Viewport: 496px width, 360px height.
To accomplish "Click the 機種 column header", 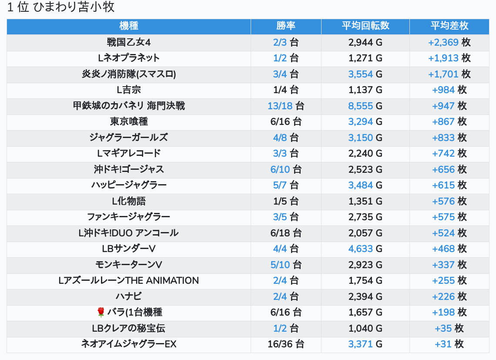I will [x=128, y=26].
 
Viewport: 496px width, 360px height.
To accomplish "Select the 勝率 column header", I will [x=286, y=26].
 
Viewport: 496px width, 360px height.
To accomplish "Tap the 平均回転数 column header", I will [x=365, y=26].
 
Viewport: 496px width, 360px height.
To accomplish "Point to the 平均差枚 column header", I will [x=449, y=26].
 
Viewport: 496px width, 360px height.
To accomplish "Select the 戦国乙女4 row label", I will [x=128, y=42].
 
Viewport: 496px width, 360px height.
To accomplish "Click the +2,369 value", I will [x=443, y=42].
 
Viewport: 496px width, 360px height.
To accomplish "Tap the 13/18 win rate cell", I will [x=280, y=106].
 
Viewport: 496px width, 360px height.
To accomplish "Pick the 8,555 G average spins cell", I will [x=365, y=106].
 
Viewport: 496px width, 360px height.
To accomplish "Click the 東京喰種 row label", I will [x=128, y=122].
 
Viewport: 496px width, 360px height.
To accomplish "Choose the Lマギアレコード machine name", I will [x=128, y=154].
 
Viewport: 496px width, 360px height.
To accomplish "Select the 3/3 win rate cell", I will [x=280, y=154].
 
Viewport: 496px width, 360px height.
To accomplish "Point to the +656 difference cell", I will [x=443, y=169].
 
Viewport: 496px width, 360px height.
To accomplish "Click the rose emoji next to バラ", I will [x=101, y=312].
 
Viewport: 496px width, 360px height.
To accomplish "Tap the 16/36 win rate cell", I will [x=280, y=344].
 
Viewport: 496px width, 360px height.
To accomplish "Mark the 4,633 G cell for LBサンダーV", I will [x=365, y=249].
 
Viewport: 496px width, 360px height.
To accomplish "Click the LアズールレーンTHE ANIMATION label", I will [x=128, y=281].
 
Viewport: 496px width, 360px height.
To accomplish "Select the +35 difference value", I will [x=443, y=328].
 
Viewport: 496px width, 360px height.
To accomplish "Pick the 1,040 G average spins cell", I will [x=365, y=328].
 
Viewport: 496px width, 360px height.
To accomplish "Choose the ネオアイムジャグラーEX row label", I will [x=128, y=344].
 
